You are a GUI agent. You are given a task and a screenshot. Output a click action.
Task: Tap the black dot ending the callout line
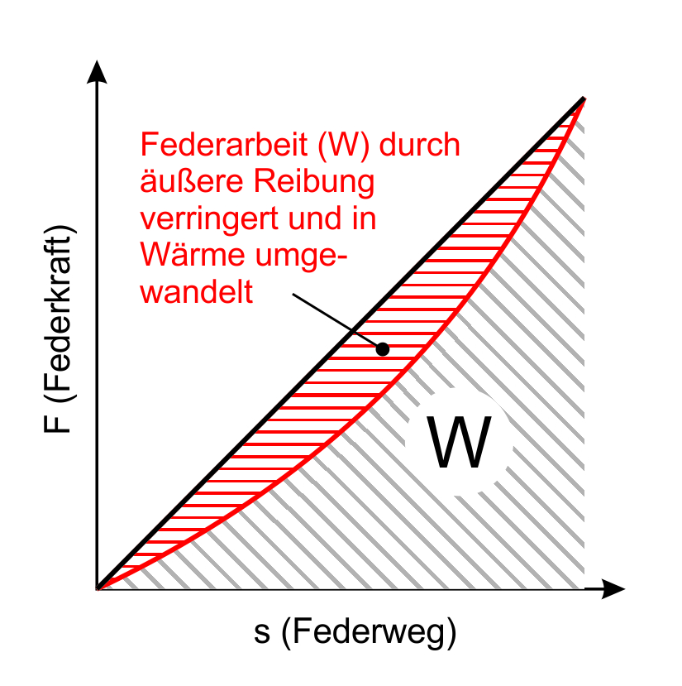pyautogui.click(x=383, y=349)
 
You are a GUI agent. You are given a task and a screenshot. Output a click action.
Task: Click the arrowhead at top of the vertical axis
pyautogui.click(x=97, y=72)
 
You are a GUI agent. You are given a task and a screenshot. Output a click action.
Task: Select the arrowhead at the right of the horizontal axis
pyautogui.click(x=613, y=589)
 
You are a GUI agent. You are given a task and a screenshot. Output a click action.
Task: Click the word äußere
pyautogui.click(x=192, y=181)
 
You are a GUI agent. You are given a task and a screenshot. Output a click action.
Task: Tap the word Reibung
pyautogui.click(x=314, y=183)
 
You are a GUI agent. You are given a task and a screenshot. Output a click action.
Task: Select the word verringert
pyautogui.click(x=209, y=218)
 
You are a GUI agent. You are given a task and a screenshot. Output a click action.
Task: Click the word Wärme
pyautogui.click(x=193, y=255)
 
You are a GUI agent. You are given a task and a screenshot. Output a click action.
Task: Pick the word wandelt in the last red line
pyautogui.click(x=197, y=291)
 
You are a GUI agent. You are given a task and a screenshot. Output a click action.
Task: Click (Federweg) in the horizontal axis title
pyautogui.click(x=369, y=632)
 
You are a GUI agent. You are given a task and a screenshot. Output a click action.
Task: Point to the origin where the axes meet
pyautogui.click(x=97, y=589)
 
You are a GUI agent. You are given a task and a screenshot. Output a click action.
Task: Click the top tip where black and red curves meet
pyautogui.click(x=584, y=98)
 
